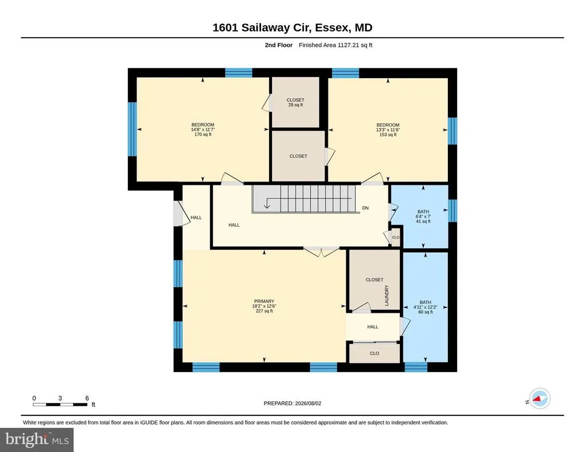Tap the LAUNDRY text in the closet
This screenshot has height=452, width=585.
point(387,296)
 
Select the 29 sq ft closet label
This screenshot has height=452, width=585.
point(295,103)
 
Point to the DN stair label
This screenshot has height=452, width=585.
point(365,208)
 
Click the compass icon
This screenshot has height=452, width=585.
point(539,399)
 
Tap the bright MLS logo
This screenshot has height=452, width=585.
point(37,439)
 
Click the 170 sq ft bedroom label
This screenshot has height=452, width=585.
point(203,130)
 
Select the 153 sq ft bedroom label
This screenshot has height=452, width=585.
point(388,130)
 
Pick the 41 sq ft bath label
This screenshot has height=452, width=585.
point(423,216)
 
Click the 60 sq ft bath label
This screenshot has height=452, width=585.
point(425,307)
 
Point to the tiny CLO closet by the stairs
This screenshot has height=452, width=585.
point(396,237)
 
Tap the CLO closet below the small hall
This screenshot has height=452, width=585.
point(375,353)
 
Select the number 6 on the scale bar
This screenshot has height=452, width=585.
point(87,398)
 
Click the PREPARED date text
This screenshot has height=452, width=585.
point(292,403)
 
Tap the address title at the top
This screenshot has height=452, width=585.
point(292,27)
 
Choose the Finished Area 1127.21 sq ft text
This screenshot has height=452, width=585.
point(335,45)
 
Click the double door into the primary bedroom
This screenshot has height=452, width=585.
point(321,252)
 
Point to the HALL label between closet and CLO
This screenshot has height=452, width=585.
point(372,327)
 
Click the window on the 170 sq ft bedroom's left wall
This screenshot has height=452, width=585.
point(133,129)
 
